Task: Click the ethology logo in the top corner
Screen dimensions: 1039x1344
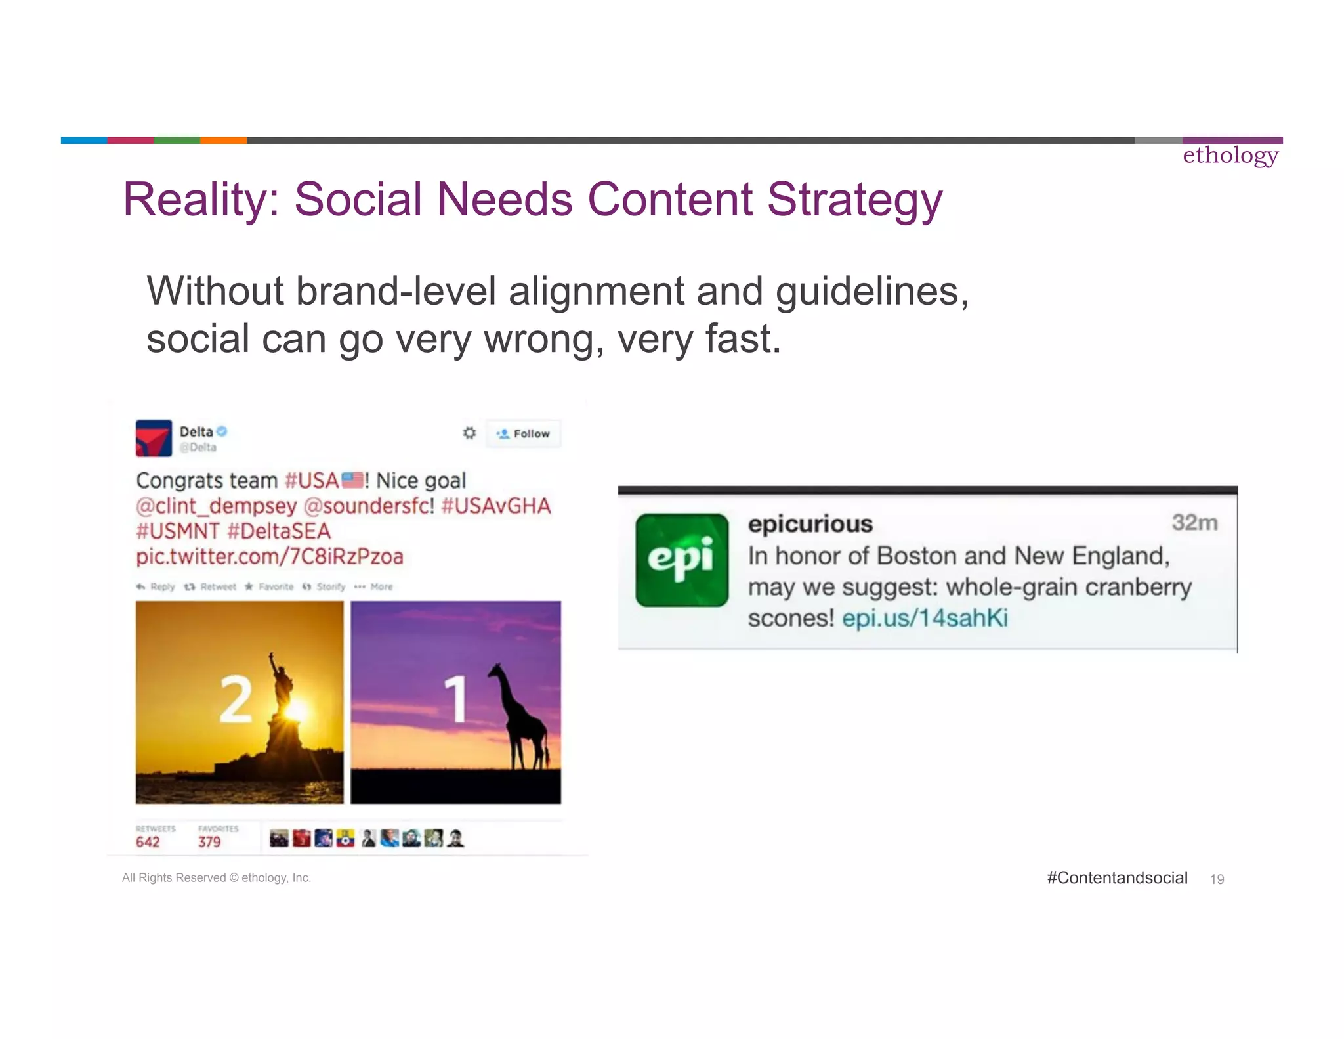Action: [1230, 156]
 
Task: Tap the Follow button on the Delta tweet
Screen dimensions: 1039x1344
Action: [524, 433]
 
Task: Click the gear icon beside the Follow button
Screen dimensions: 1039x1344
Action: [469, 433]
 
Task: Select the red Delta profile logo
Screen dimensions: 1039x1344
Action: [154, 438]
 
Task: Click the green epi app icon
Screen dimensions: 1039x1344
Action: [682, 560]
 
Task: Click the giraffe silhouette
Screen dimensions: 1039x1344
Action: [518, 716]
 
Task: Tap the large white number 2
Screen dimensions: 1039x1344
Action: [235, 700]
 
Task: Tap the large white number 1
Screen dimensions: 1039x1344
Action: [455, 700]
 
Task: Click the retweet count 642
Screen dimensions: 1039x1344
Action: [148, 842]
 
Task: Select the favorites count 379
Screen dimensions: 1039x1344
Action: [209, 842]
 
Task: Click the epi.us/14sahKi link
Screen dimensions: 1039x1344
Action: [925, 618]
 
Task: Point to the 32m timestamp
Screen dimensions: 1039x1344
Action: [1194, 523]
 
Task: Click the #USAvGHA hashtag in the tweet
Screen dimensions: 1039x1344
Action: [496, 506]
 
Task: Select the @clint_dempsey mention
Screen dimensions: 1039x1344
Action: [217, 506]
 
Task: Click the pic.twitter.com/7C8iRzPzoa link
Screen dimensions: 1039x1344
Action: [269, 556]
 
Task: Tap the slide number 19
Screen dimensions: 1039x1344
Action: [1217, 879]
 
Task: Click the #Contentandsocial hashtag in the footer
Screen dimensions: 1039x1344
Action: [1117, 878]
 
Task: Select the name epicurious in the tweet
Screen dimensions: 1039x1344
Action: [810, 524]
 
